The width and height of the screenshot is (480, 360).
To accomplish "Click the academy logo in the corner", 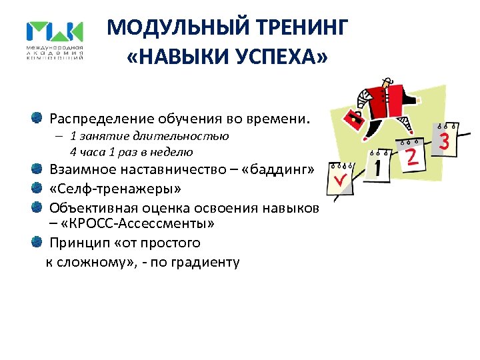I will click(x=55, y=41).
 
